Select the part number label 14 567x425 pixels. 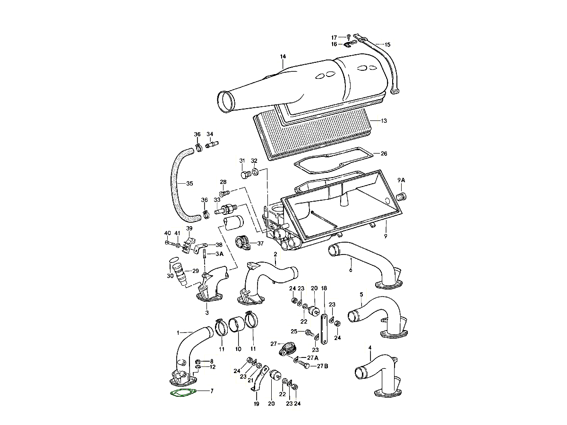[x=283, y=57]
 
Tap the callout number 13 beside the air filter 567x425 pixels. [x=384, y=121]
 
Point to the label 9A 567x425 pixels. [x=401, y=180]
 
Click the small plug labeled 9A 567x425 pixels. [x=401, y=196]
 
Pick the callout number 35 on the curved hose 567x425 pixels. [x=189, y=184]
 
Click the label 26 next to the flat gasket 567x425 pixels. [x=384, y=153]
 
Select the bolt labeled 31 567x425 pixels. [x=245, y=175]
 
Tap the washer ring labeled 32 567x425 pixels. [x=255, y=172]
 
